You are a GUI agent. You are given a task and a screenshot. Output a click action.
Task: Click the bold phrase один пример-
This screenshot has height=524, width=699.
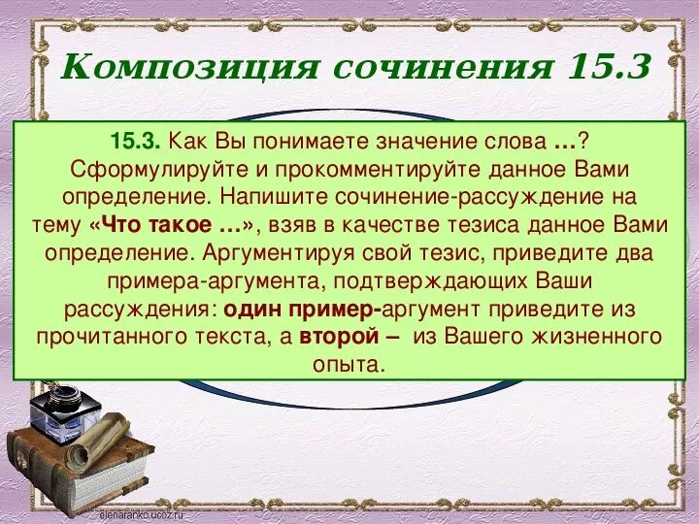(303, 310)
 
